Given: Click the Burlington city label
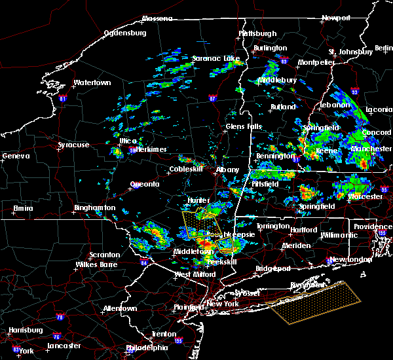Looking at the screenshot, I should pyautogui.click(x=271, y=48).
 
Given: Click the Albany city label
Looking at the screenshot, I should pyautogui.click(x=228, y=169).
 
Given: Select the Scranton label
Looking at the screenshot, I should pyautogui.click(x=105, y=255).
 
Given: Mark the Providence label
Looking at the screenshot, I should pyautogui.click(x=373, y=226).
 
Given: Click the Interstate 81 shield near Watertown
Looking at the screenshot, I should pyautogui.click(x=63, y=99).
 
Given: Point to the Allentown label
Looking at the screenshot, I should pyautogui.click(x=120, y=308).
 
